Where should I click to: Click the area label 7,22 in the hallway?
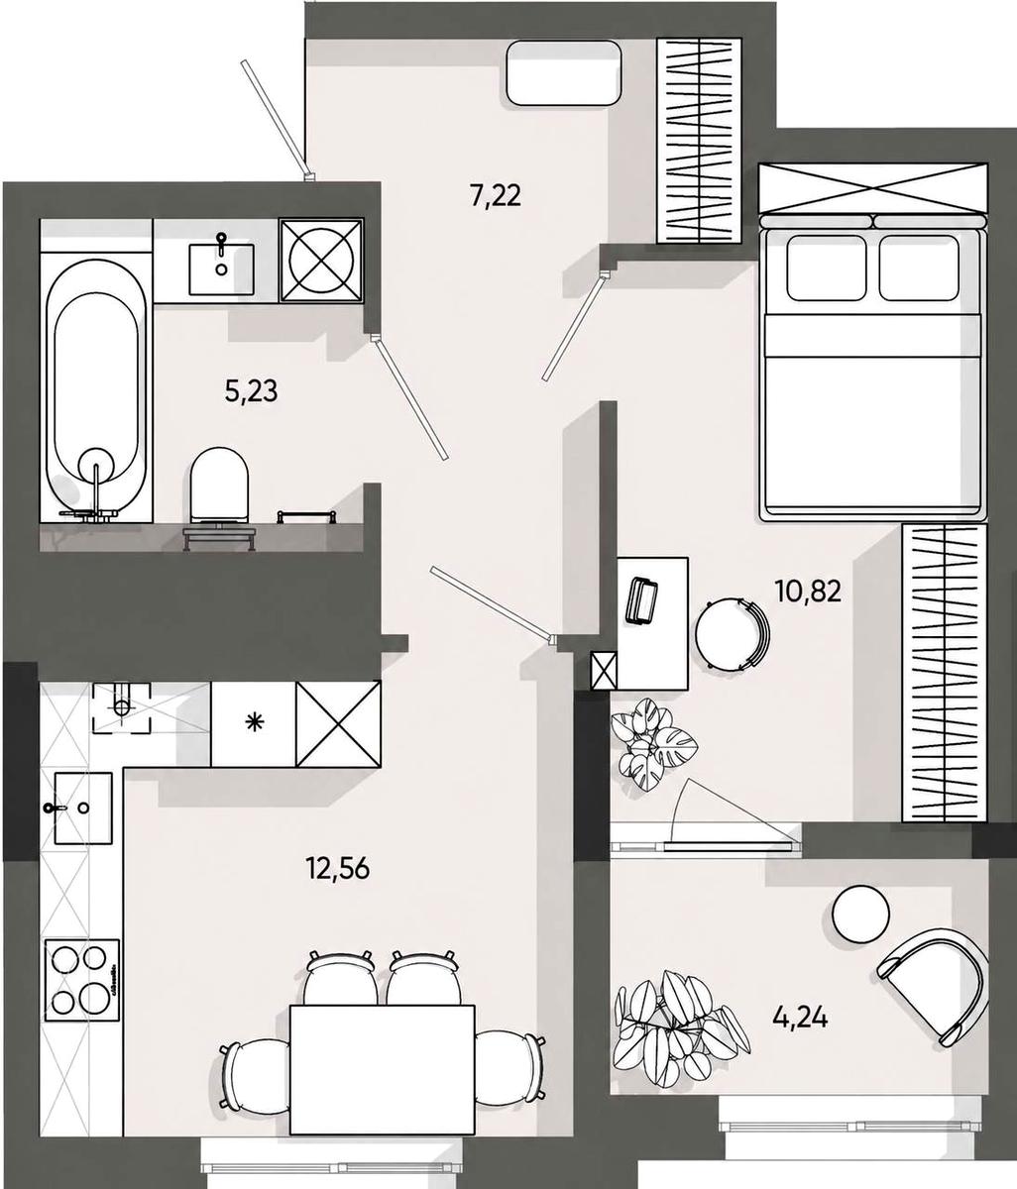(495, 196)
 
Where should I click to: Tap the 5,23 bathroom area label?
(252, 391)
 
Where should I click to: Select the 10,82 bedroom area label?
(809, 591)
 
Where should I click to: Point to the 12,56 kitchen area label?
(338, 868)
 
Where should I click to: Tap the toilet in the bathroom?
(219, 487)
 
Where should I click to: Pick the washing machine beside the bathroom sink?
(322, 261)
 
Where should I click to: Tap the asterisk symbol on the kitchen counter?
(252, 723)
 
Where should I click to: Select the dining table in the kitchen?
(383, 1068)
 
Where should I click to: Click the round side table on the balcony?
(861, 914)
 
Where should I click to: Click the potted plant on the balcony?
(680, 1020)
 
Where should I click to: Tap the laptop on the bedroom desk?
(641, 601)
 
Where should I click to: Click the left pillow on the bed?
(827, 268)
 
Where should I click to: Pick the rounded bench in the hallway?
(564, 72)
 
